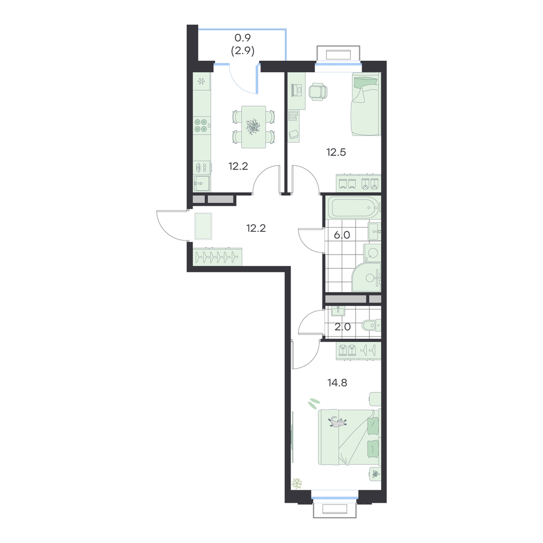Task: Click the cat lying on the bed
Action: (x=337, y=421)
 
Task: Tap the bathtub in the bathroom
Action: (x=353, y=208)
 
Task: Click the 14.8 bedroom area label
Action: (x=337, y=383)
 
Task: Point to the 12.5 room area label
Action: (x=336, y=152)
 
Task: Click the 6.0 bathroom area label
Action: (x=342, y=235)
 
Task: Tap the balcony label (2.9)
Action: (x=243, y=51)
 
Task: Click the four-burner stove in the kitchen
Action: (x=201, y=125)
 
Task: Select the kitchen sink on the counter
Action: (x=201, y=183)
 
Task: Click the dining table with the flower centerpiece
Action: (x=254, y=127)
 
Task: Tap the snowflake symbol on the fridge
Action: (x=201, y=82)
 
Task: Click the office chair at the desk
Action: (x=318, y=92)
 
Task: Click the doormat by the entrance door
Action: (x=203, y=226)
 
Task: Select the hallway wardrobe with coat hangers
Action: (x=217, y=257)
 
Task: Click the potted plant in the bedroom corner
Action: (x=297, y=483)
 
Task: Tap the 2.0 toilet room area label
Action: (x=343, y=327)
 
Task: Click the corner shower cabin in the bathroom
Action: (x=367, y=277)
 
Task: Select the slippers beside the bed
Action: (x=314, y=402)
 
